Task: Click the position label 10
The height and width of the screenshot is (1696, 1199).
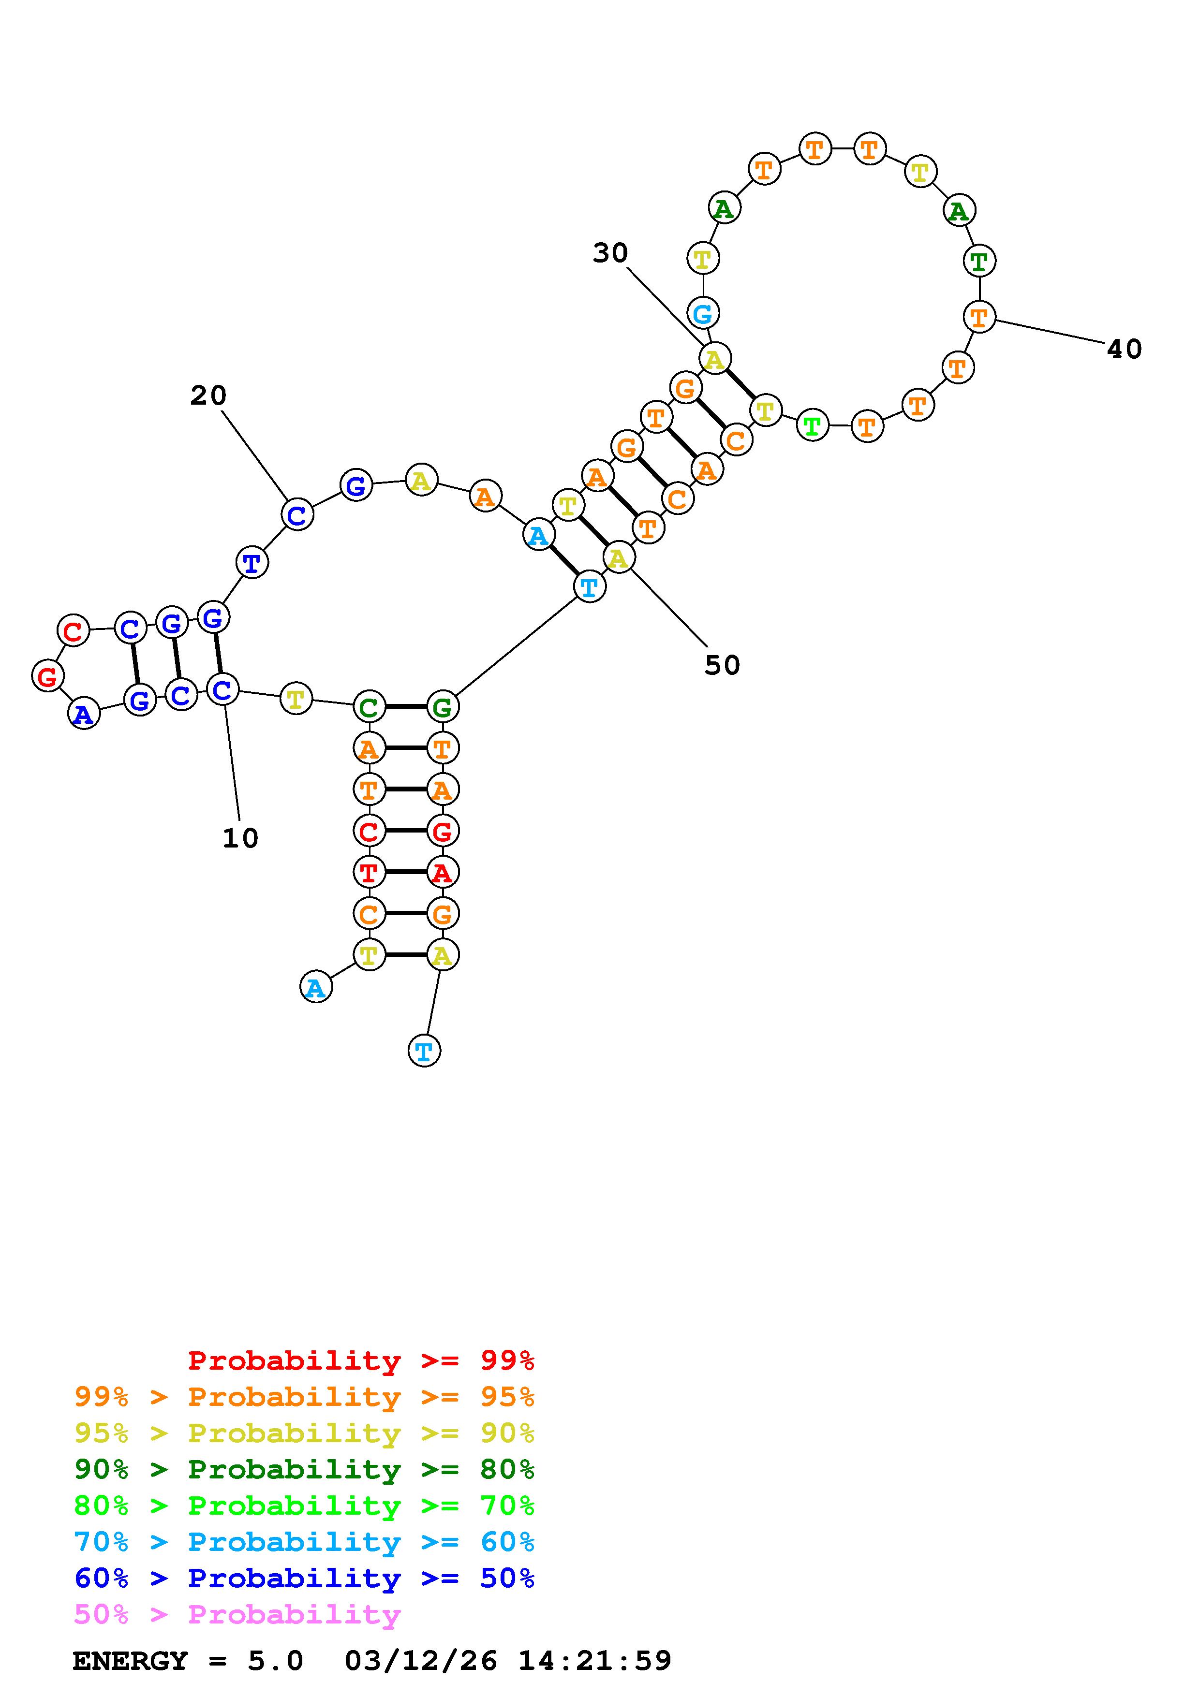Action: [x=240, y=838]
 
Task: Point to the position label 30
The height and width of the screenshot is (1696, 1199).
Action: [x=610, y=253]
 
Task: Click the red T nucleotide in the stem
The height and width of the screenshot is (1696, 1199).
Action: [x=369, y=872]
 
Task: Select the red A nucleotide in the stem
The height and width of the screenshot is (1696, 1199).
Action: [x=442, y=872]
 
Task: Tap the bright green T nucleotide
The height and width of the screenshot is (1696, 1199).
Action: [x=812, y=426]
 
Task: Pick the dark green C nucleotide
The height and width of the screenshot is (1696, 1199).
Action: [x=369, y=708]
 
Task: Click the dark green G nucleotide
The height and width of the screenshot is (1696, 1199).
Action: [x=442, y=708]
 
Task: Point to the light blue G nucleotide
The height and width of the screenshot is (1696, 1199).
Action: [x=703, y=313]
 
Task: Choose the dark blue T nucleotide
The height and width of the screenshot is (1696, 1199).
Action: [x=252, y=563]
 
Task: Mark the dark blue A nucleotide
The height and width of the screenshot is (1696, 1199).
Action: [x=84, y=714]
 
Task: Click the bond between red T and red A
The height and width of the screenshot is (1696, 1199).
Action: [x=405, y=872]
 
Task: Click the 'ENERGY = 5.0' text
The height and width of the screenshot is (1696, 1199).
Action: [x=188, y=1661]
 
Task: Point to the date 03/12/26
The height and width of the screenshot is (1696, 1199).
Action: [x=421, y=1661]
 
